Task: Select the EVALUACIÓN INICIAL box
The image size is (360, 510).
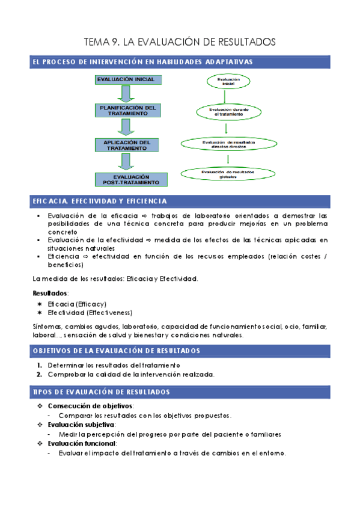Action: (126, 79)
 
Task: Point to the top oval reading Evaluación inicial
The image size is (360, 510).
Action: (228, 82)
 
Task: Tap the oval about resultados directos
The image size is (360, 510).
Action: (228, 144)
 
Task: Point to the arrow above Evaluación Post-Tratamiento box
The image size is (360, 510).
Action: (126, 162)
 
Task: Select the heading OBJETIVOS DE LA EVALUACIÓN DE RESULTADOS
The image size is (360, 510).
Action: (117, 351)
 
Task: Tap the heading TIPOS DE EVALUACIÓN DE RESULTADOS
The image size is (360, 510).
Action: (101, 392)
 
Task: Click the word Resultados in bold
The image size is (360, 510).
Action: (50, 293)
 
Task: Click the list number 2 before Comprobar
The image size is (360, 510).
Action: (38, 374)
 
